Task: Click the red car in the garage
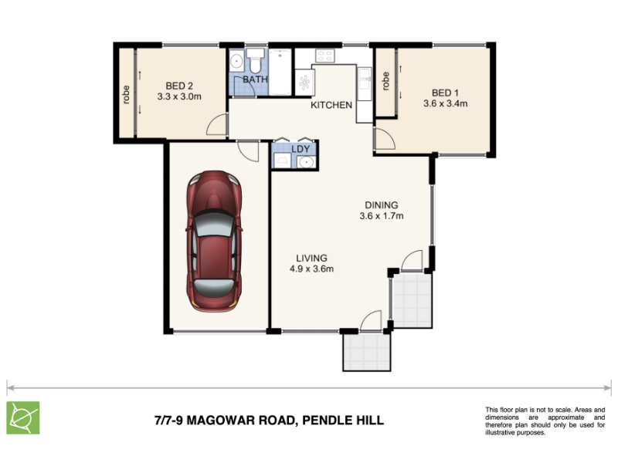[214, 241]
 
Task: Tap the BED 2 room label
[179, 86]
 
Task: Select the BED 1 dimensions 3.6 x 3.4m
[446, 103]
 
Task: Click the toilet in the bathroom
[255, 61]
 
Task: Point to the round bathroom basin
[236, 62]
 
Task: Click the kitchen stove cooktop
[324, 56]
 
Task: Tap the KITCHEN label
[331, 105]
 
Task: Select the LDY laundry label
[301, 149]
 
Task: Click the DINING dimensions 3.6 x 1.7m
[382, 216]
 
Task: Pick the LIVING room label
[312, 259]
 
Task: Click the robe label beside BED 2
[126, 95]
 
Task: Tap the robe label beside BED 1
[385, 81]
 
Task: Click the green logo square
[23, 417]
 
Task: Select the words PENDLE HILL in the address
[343, 420]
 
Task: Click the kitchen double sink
[364, 84]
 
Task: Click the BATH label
[256, 79]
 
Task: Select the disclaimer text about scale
[545, 421]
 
